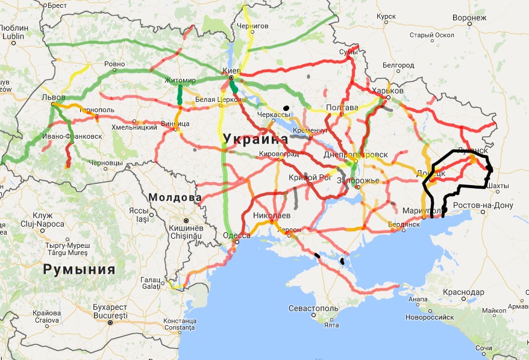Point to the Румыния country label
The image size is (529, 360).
79,270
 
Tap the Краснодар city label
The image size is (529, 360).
463,292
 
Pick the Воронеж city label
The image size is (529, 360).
469,17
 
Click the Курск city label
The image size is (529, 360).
385,17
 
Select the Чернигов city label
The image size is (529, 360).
252,27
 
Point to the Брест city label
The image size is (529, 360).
56,5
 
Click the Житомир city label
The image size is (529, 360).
180,80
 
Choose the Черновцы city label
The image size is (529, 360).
105,163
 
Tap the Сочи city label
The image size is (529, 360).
501,349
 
